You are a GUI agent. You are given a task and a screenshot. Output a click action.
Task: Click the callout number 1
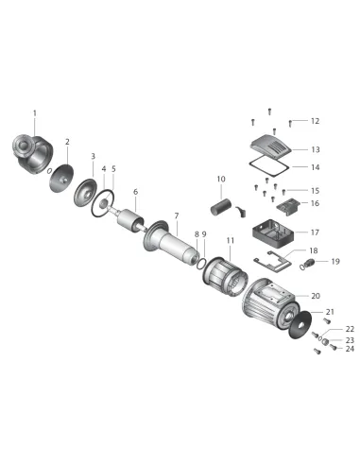tap(35, 112)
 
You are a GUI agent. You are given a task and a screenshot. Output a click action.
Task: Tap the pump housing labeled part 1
tap(32, 154)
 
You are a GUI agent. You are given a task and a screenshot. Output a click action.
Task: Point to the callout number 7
tap(177, 215)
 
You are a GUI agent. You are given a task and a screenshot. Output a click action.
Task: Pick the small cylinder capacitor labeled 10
tap(220, 207)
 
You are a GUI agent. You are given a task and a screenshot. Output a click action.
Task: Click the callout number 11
tap(231, 240)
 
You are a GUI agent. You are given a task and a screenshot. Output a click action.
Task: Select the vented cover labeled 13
tap(271, 146)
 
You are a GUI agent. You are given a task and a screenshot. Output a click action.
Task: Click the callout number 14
tap(316, 167)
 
